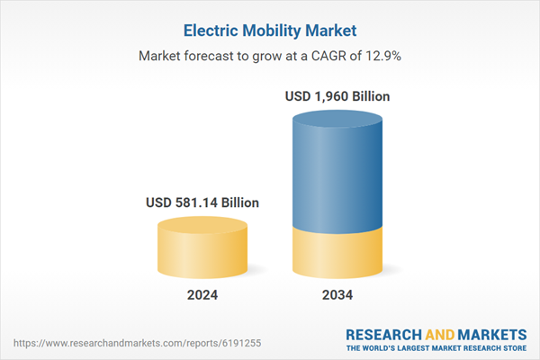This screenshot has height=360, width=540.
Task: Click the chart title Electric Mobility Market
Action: point(269,31)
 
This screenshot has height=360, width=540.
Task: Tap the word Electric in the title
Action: point(209,31)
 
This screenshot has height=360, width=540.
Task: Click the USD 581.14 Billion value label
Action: point(202,203)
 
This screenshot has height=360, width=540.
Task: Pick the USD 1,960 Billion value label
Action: point(337,96)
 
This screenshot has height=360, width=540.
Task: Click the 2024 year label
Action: point(202,295)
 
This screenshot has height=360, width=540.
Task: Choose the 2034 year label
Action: point(337,295)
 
